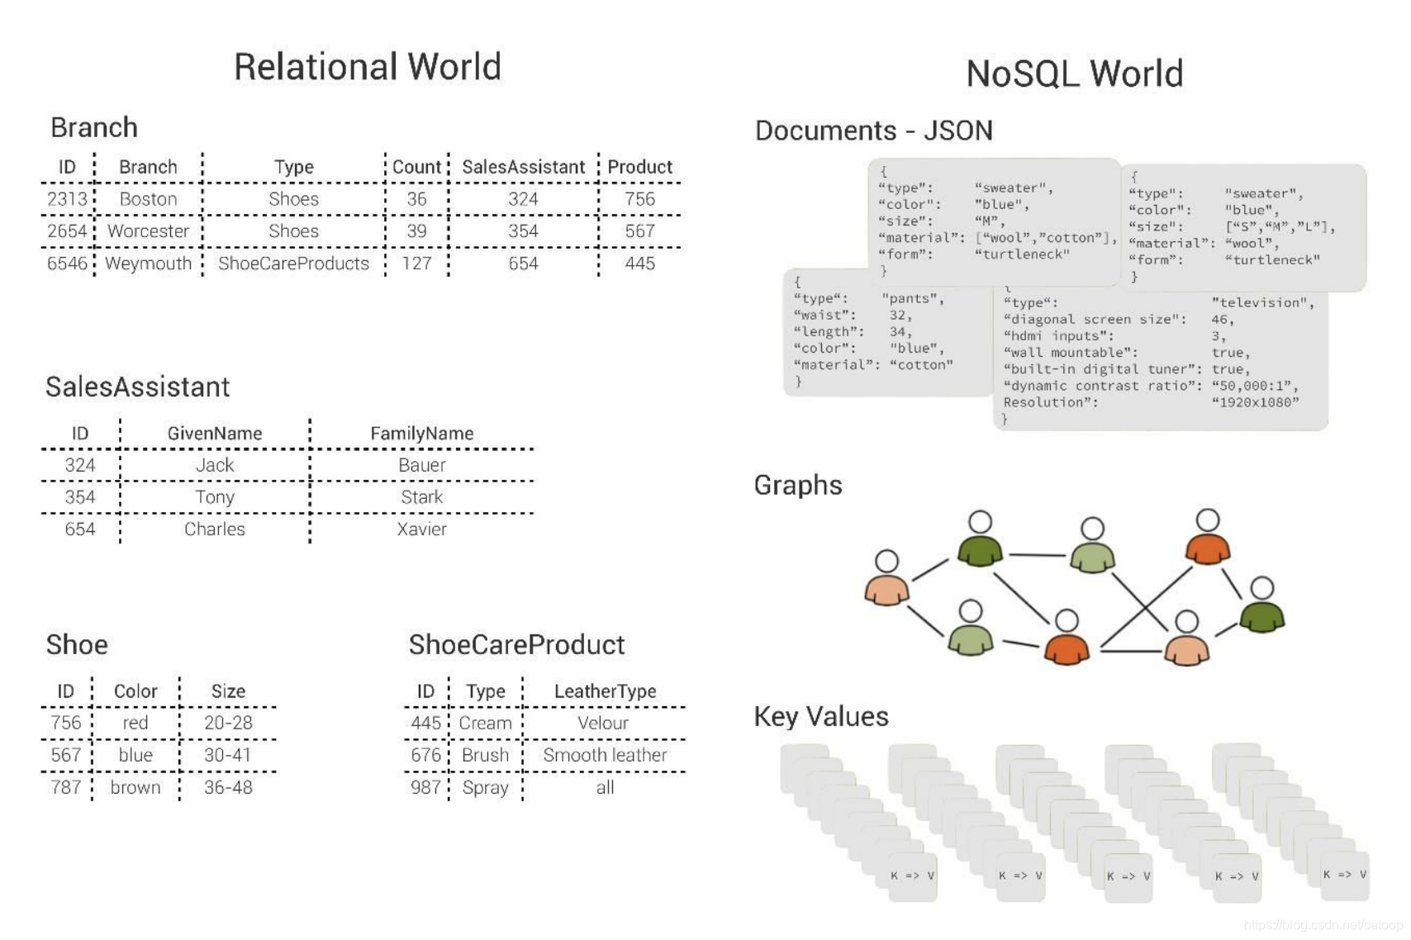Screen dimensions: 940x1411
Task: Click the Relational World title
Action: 367,67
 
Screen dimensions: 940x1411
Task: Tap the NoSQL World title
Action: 1074,74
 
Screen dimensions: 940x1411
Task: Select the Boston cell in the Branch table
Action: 148,199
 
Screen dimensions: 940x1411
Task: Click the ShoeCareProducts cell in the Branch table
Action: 293,263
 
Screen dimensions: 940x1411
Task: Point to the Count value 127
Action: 416,263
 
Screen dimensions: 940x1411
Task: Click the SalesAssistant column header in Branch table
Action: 523,167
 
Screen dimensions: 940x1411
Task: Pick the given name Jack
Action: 215,465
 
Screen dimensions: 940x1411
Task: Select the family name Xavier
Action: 421,529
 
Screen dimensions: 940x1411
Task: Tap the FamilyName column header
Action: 421,434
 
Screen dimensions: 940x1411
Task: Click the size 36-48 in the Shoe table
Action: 228,787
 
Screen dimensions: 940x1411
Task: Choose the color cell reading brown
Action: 135,787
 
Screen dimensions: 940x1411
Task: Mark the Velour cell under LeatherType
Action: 603,723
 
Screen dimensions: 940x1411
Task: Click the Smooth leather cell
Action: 605,755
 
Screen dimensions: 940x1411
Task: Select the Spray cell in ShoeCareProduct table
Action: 485,787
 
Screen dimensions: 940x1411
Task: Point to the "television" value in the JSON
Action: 1262,303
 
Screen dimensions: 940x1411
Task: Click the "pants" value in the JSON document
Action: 912,299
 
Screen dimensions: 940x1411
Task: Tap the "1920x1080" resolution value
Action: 1255,402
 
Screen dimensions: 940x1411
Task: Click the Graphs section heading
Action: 798,485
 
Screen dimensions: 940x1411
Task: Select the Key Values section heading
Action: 821,716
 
